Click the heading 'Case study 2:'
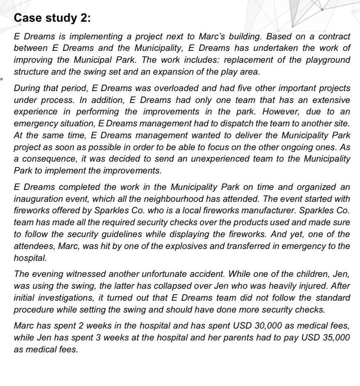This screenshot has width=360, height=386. coord(52,18)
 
